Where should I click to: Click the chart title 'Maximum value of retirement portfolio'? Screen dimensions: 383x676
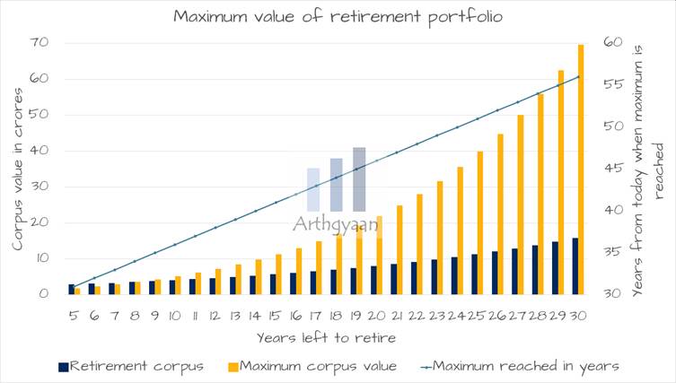click(x=337, y=16)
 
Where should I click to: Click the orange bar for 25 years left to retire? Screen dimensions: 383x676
click(x=481, y=222)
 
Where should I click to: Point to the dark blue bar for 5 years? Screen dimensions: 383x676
click(x=72, y=289)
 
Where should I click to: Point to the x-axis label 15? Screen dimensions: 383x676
click(x=274, y=316)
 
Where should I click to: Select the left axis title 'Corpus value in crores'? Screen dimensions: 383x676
click(x=17, y=169)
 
